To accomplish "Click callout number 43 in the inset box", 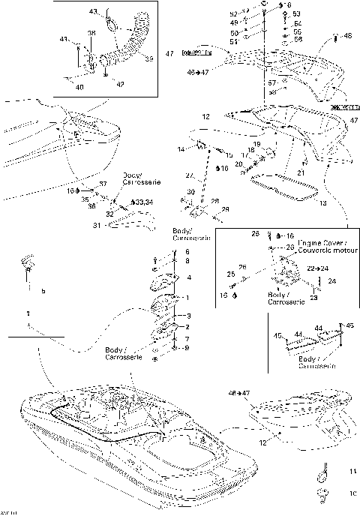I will click(94, 12).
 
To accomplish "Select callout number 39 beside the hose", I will click(148, 58).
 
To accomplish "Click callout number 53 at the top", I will click(295, 14).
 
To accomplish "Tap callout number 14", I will click(181, 150).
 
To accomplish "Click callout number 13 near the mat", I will click(302, 202).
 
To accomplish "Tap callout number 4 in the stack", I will click(188, 277).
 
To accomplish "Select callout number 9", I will click(187, 348).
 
